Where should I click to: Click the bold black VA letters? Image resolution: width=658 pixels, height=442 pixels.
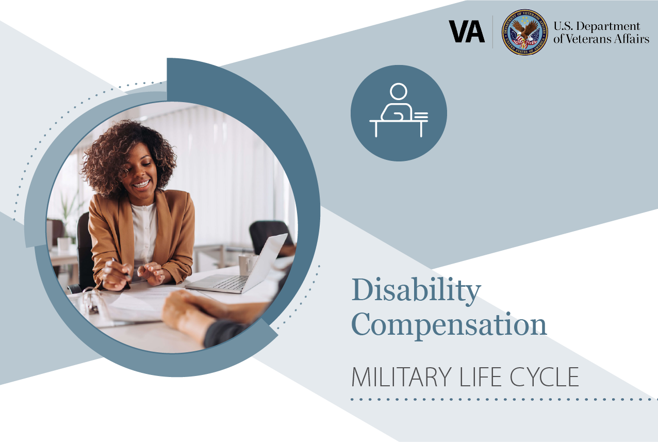tap(467, 31)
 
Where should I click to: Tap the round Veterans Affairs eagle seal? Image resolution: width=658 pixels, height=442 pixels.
tap(524, 32)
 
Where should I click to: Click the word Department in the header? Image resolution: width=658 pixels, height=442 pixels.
tap(608, 27)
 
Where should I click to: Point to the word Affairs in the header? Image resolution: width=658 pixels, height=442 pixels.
tap(636, 39)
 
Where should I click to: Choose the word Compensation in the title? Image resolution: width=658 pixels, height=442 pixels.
tap(449, 325)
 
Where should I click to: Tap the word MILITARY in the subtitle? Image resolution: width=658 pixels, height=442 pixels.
tap(401, 377)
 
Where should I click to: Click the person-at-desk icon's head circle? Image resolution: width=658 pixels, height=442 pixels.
tap(399, 92)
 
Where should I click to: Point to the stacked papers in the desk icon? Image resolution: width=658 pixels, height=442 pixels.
tap(421, 116)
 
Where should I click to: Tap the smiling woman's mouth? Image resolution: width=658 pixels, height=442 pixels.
tap(142, 185)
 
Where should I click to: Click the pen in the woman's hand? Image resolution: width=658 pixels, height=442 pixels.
tap(121, 268)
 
